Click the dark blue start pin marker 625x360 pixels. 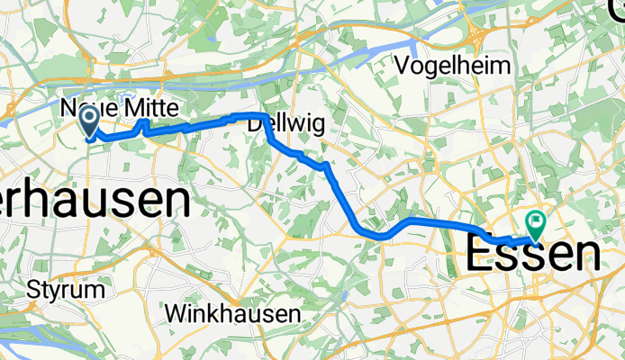click(90, 121)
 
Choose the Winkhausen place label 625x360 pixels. click(233, 315)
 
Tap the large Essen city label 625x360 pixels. click(534, 256)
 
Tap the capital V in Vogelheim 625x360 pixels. click(403, 66)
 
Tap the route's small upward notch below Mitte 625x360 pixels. click(144, 123)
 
